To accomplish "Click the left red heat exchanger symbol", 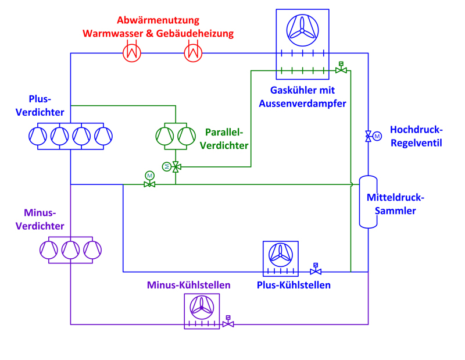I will click(x=133, y=53).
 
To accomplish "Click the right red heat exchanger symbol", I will click(x=193, y=53).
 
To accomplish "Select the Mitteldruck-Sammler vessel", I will click(x=368, y=201).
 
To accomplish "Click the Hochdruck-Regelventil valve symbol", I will click(x=368, y=137).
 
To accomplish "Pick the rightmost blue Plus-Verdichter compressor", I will click(x=103, y=136).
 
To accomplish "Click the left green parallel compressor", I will click(x=165, y=136).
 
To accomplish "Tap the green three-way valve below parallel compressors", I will click(x=175, y=167).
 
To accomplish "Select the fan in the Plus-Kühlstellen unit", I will click(x=280, y=254).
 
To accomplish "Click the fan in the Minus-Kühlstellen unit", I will click(x=202, y=306).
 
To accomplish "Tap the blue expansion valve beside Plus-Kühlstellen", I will click(x=316, y=271).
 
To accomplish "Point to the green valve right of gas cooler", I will click(x=341, y=70).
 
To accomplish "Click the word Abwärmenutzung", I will click(x=158, y=20).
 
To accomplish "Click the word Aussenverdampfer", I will click(x=308, y=104).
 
